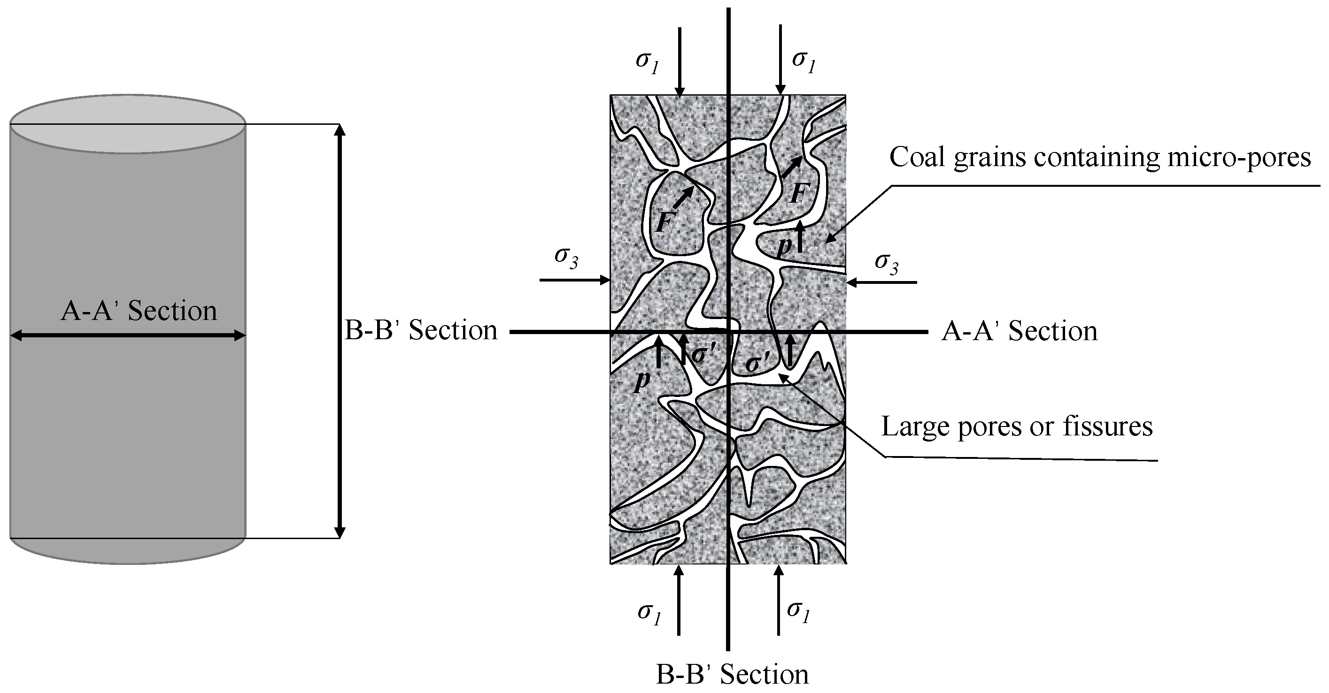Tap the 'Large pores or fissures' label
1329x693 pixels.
tap(1017, 426)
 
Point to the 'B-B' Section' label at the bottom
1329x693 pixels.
tap(732, 674)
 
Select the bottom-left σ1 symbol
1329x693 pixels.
tap(649, 613)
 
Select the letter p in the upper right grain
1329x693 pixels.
tap(784, 246)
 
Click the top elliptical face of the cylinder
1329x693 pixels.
tap(127, 124)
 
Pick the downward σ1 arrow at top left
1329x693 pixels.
tap(680, 62)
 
